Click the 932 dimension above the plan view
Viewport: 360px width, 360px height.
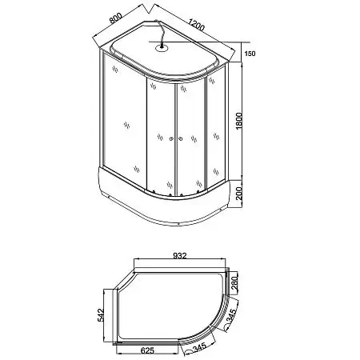pos(180,256)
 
